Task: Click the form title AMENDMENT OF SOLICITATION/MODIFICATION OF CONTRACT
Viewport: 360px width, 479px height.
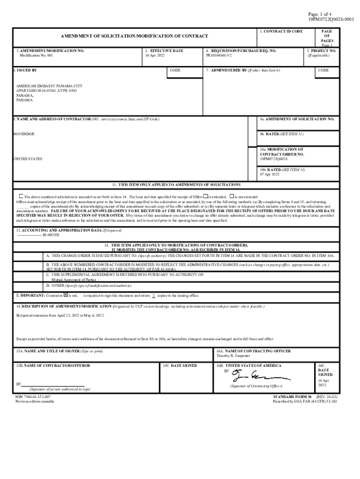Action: [x=134, y=36]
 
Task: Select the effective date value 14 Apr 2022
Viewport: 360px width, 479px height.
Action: [x=155, y=56]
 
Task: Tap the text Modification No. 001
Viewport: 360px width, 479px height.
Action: [x=36, y=56]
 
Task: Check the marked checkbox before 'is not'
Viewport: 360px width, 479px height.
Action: [x=66, y=295]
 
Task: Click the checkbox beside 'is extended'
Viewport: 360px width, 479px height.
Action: [x=205, y=196]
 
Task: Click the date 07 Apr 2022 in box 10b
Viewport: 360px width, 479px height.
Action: [x=270, y=174]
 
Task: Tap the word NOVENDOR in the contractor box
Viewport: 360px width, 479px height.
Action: [x=24, y=134]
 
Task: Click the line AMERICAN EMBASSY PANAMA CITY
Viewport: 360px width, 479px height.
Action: [x=49, y=87]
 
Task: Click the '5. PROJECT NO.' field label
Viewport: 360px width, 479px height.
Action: [x=321, y=51]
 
